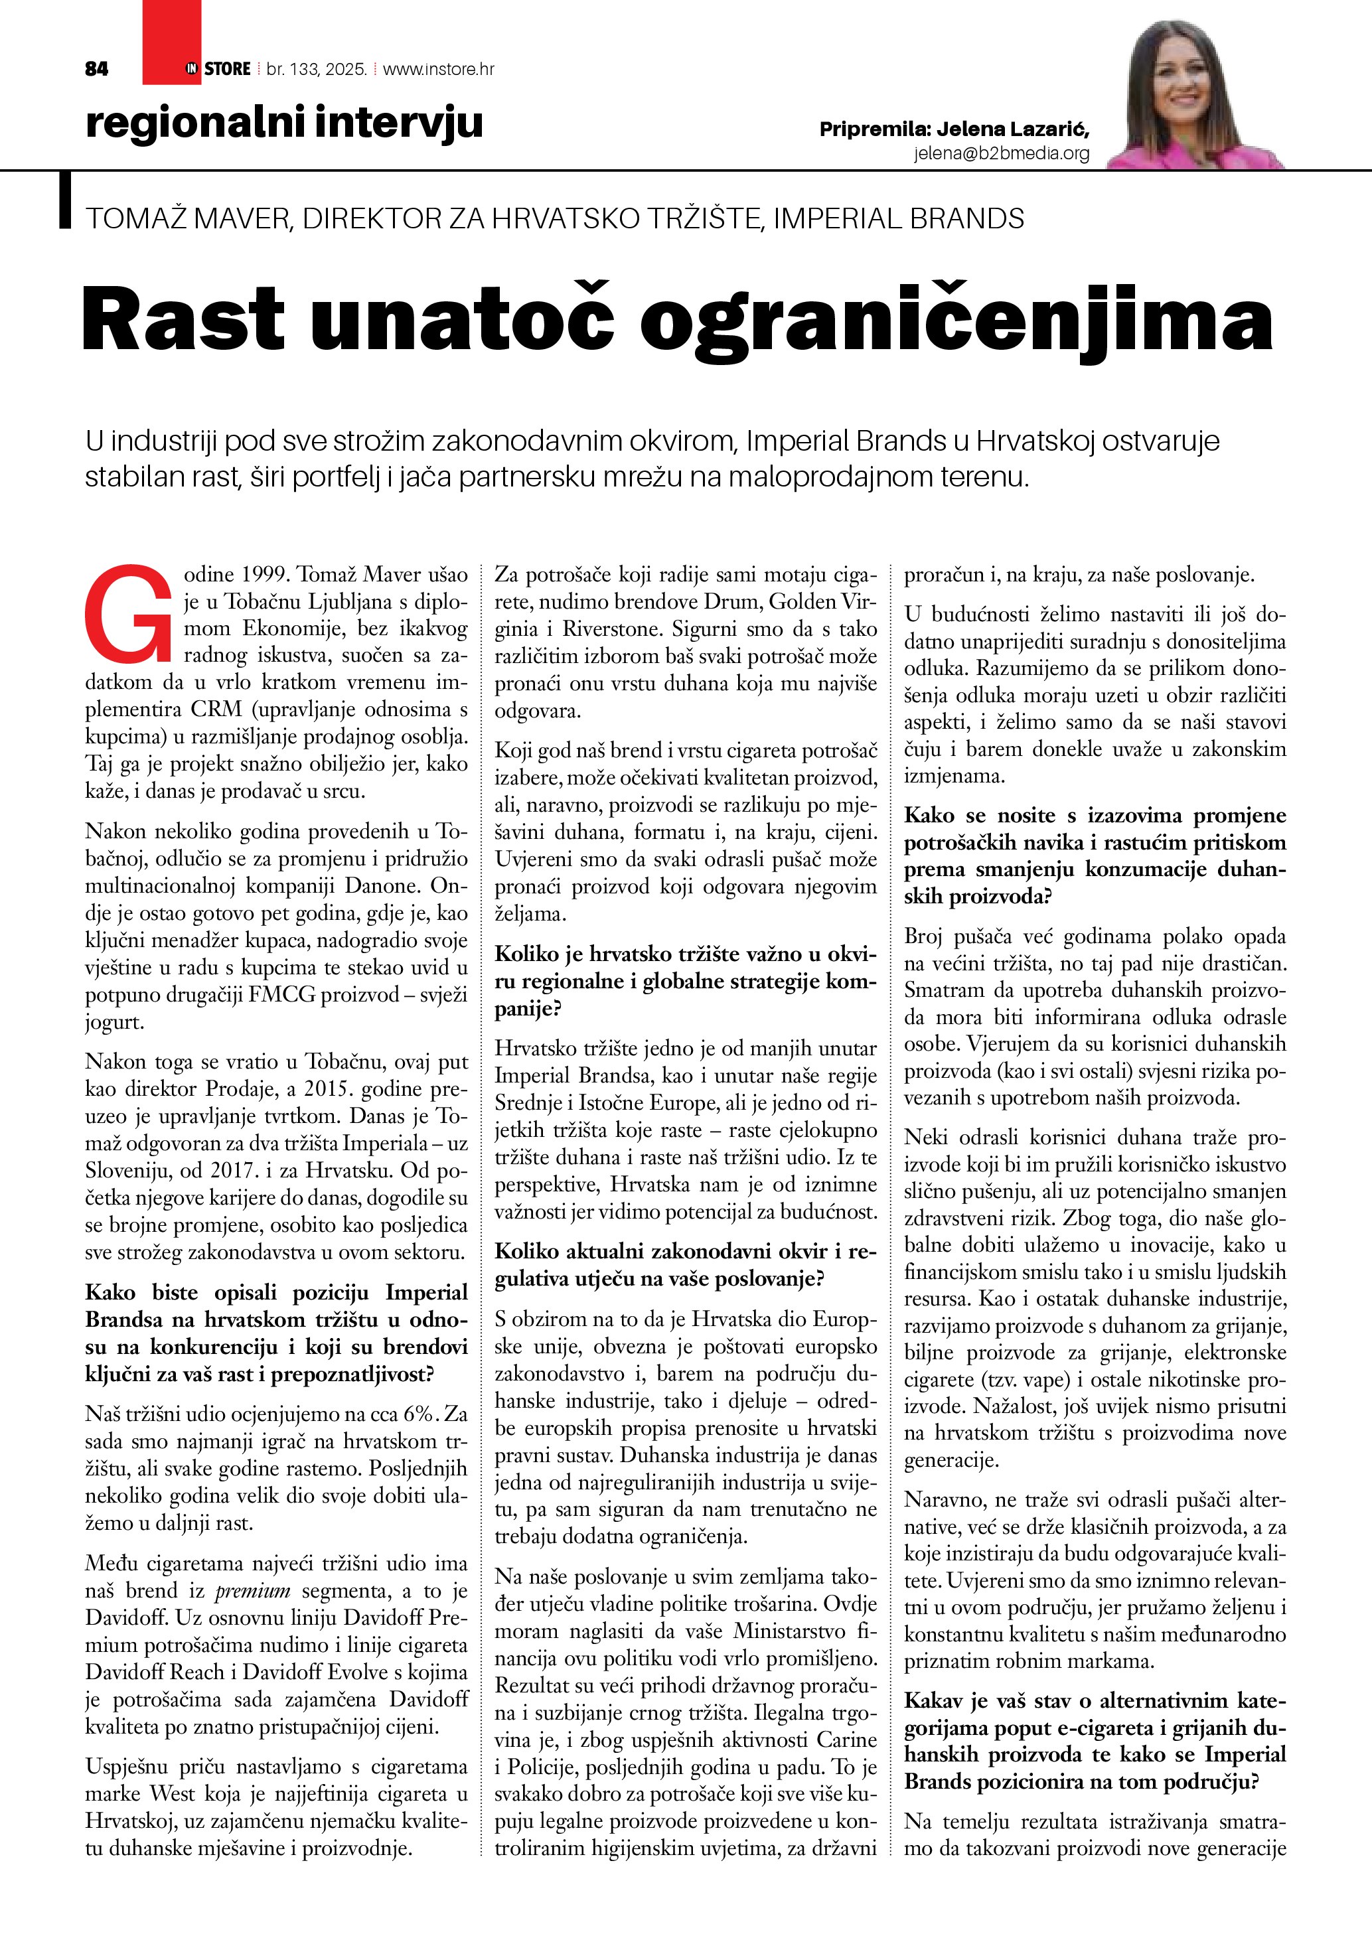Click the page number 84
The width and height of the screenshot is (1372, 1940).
click(x=97, y=69)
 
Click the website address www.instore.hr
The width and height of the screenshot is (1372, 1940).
click(x=439, y=69)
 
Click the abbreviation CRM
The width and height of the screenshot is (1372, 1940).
click(x=216, y=709)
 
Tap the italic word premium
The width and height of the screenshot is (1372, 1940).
click(x=253, y=1591)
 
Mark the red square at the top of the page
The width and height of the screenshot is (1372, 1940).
click(x=171, y=41)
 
